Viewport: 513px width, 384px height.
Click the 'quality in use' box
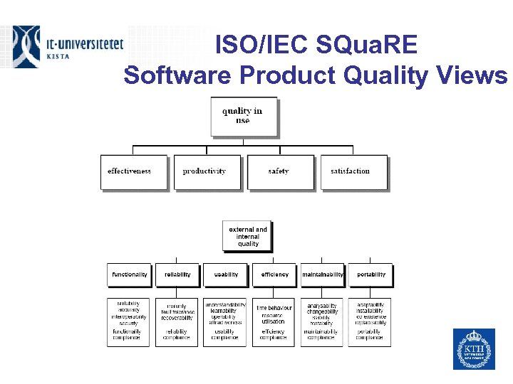[x=242, y=116]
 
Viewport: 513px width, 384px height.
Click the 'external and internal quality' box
[x=248, y=236]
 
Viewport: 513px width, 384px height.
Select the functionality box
[x=129, y=274]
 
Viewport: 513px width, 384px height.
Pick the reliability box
[x=177, y=274]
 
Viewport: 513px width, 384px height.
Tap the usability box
[x=226, y=274]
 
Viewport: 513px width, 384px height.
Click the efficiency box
[x=274, y=274]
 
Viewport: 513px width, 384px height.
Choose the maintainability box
[x=322, y=274]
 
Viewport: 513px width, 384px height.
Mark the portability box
[x=370, y=274]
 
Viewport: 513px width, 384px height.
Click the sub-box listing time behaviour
[x=274, y=322]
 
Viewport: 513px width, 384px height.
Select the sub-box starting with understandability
[x=225, y=322]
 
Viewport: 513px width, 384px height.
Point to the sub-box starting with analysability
[x=322, y=322]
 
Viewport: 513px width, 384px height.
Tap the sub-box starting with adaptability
[x=370, y=322]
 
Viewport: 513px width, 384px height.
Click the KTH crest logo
[x=474, y=348]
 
